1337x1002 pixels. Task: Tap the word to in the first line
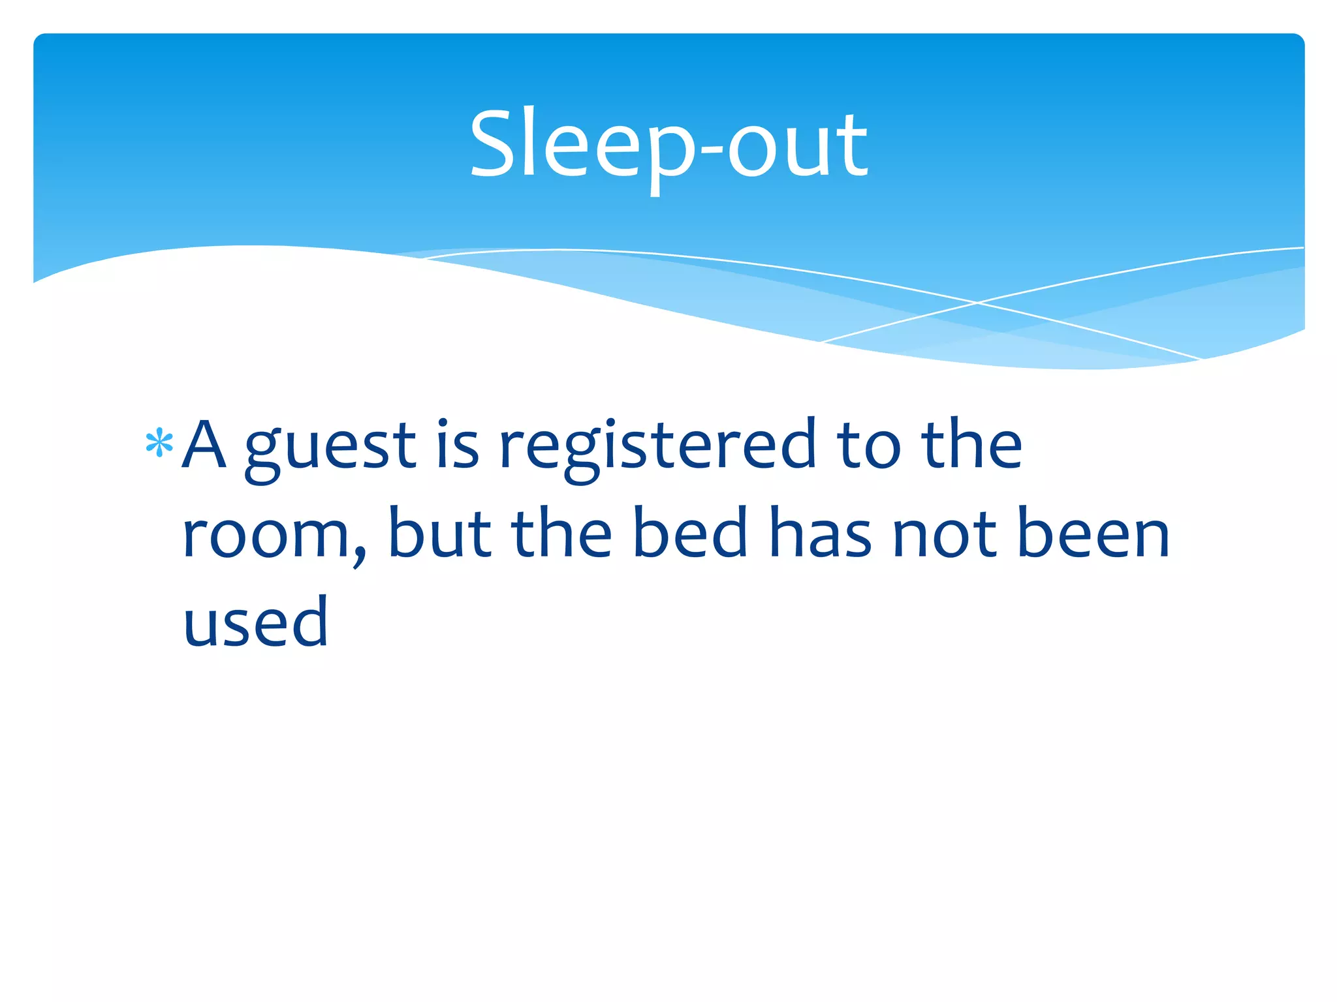pyautogui.click(x=869, y=446)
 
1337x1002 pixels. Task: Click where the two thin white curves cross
pyautogui.click(x=977, y=303)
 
